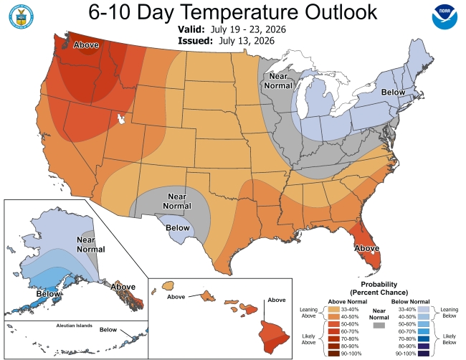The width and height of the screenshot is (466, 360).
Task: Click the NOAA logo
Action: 444,17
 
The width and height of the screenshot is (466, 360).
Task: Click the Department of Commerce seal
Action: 21,16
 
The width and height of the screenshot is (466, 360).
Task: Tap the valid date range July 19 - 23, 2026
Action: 248,29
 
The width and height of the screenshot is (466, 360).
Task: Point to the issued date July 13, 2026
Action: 247,40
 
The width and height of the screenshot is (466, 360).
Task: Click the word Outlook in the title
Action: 341,12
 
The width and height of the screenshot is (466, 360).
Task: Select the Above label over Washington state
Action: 86,45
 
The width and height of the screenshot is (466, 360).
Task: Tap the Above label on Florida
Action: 367,248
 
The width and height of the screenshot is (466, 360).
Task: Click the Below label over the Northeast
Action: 393,93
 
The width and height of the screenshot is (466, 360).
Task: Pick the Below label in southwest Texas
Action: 177,228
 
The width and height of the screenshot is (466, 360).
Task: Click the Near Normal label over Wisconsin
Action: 278,81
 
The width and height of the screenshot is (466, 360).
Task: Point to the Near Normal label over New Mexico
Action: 177,202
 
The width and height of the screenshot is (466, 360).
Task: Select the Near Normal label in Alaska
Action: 91,245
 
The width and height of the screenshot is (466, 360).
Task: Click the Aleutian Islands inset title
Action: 75,326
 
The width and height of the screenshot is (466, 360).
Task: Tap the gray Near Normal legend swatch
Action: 379,326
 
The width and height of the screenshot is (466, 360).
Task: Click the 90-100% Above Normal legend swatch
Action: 334,354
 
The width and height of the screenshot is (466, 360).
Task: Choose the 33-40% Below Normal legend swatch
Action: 423,310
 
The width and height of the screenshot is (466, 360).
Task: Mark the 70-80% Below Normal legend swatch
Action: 423,339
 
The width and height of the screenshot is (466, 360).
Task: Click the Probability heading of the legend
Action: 379,284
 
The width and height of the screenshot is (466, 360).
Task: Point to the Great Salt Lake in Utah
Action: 121,119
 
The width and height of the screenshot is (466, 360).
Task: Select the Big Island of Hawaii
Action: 273,337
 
